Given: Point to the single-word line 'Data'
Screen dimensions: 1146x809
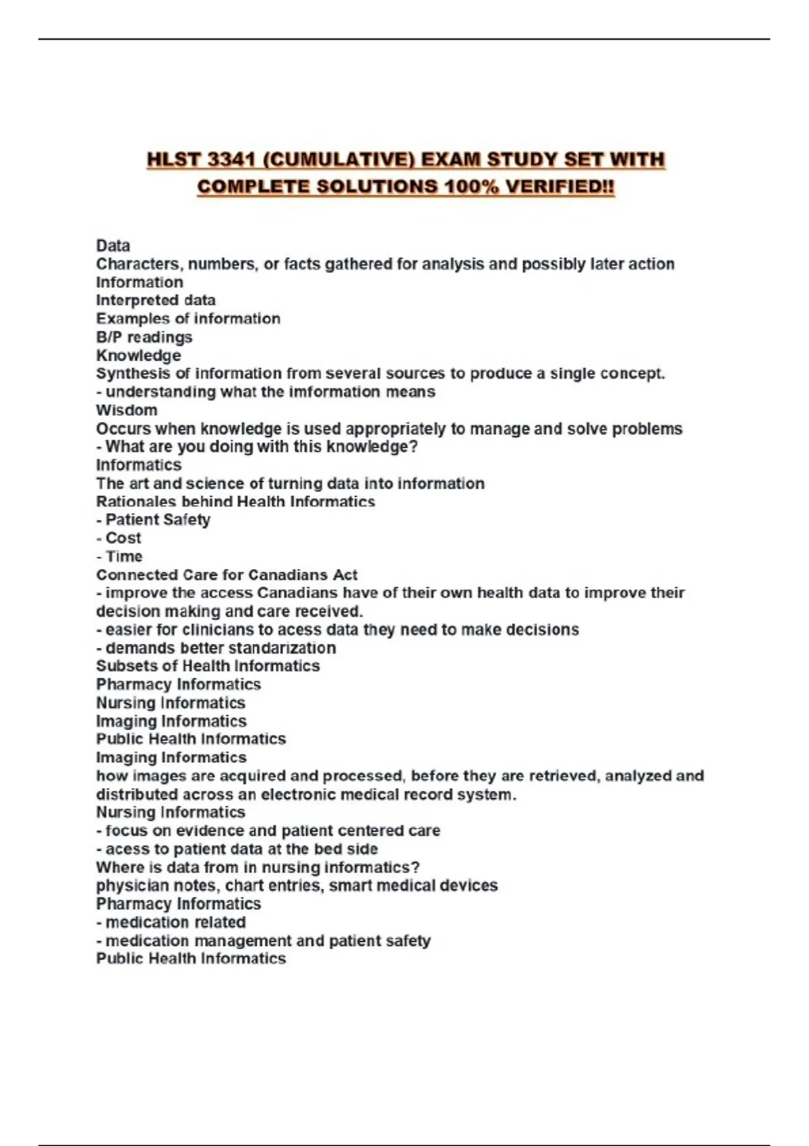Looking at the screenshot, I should coord(113,245).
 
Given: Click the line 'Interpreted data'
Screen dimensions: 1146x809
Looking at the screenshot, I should coord(156,300).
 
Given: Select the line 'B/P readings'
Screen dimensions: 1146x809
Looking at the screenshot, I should coord(144,337).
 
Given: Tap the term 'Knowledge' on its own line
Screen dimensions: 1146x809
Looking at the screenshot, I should coord(138,355).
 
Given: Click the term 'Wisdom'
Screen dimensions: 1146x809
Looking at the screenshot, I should coord(127,410).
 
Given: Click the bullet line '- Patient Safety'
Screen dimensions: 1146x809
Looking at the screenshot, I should coord(153,520).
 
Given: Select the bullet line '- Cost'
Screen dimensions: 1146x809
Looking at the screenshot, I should coord(119,538).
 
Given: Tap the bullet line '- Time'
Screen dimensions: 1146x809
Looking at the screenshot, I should coord(119,556).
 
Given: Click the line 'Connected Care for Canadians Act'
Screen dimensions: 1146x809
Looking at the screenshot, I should coord(227,575).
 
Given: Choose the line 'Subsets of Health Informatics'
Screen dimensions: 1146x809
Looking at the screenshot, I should coord(208,666).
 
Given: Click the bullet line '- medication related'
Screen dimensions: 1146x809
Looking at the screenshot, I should coord(171,922).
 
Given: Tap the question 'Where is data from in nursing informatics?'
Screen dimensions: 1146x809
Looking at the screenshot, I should coord(258,867).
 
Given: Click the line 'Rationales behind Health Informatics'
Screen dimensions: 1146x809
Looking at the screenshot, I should coord(235,502).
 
